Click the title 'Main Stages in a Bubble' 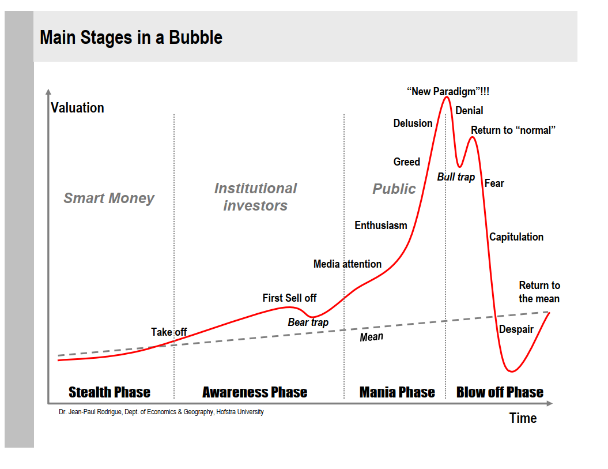pos(131,37)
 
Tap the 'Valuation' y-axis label pos(77,108)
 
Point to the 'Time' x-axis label pos(523,418)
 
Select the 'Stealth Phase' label pos(109,392)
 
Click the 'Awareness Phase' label pos(255,392)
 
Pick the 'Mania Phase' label pos(397,392)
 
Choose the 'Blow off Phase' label pos(500,392)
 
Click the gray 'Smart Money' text pos(109,198)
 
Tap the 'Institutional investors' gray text pos(255,197)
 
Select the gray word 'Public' pos(394,189)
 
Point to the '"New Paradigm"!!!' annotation pos(448,91)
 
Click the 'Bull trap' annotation pos(456,177)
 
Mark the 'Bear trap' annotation pos(308,322)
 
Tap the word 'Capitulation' pos(516,237)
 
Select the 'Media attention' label pos(348,264)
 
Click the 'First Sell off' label pos(289,298)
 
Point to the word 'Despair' pos(516,329)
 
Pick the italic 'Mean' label pos(371,337)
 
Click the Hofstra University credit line pos(161,412)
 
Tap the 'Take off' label pos(169,332)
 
